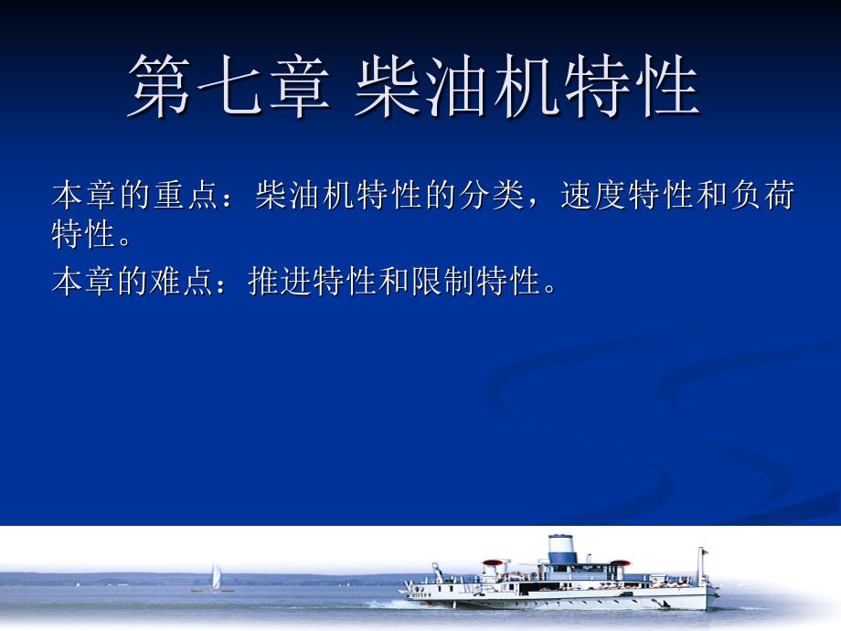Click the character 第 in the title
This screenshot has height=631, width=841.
coord(160,86)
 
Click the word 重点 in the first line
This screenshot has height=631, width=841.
coord(187,195)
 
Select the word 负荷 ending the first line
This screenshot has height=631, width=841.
coord(762,195)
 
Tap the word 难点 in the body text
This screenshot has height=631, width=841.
coord(181,281)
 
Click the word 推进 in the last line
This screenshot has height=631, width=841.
coord(280,281)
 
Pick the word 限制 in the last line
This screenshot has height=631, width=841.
coord(443,281)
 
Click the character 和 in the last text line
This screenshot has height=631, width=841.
coord(394,281)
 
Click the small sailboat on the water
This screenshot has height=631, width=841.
coord(215,578)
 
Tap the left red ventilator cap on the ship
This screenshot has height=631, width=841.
coord(493,563)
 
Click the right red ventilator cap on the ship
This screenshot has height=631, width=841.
coord(620,563)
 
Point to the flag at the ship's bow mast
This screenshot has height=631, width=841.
coord(706,551)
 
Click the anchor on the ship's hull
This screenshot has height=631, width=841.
coord(661,603)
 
